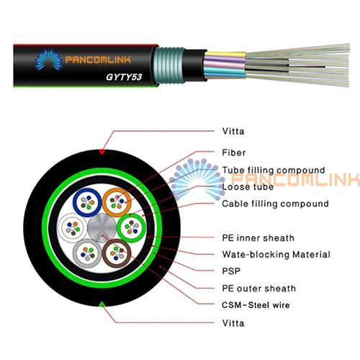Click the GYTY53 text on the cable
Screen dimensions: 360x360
(x=124, y=77)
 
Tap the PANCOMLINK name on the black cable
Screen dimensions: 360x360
(x=98, y=60)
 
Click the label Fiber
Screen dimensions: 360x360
(x=234, y=153)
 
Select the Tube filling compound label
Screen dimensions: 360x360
(x=274, y=170)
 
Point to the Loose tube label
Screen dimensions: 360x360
(x=248, y=186)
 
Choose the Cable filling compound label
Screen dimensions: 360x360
(x=275, y=204)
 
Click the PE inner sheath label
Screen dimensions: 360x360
(x=258, y=238)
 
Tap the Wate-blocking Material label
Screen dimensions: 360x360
(x=276, y=254)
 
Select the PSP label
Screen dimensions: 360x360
(x=231, y=271)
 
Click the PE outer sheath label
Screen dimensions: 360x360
(x=259, y=288)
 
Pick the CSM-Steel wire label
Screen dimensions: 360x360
(x=256, y=305)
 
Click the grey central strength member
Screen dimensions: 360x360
(x=102, y=228)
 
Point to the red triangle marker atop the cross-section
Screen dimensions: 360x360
(x=102, y=152)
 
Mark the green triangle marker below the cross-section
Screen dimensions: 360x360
(x=102, y=305)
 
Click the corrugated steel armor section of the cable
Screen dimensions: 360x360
(x=169, y=66)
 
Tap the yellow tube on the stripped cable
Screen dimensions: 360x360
(x=225, y=55)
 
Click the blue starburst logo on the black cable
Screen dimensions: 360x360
(x=49, y=60)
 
